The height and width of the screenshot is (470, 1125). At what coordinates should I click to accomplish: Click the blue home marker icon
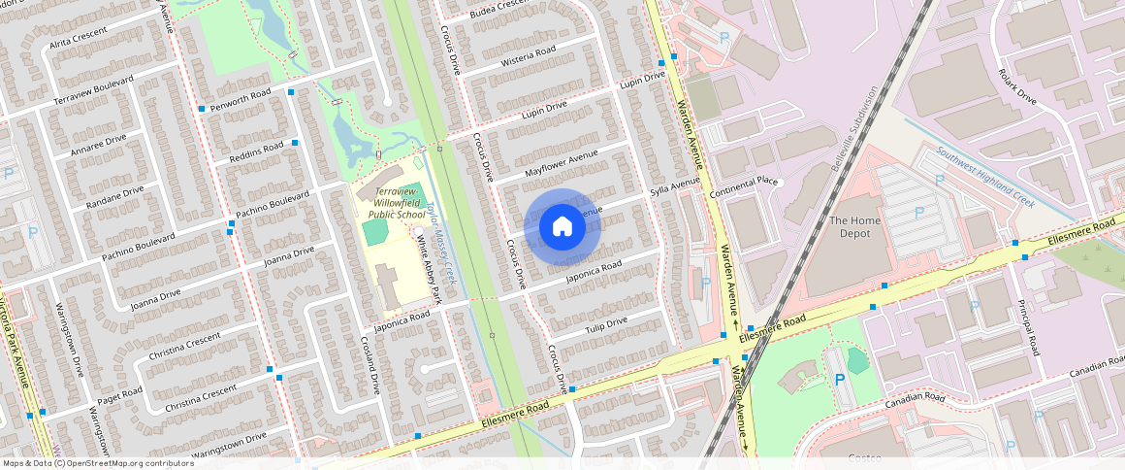point(562,227)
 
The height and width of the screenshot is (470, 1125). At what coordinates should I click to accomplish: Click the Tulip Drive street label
point(606,326)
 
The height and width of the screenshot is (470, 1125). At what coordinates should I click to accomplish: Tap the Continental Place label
point(744,182)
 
